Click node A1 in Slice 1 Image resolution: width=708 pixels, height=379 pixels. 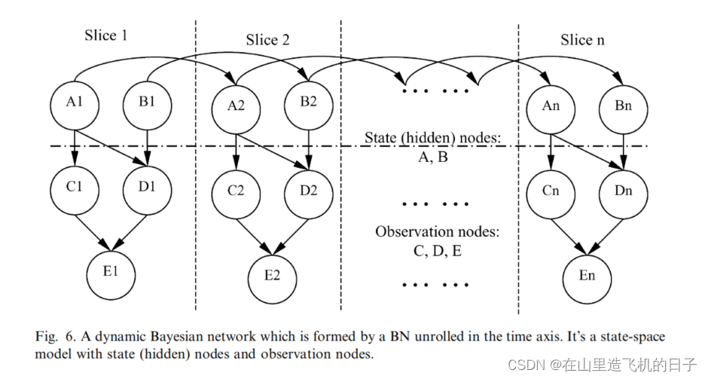click(x=75, y=103)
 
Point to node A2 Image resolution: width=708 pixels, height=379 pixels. click(x=236, y=106)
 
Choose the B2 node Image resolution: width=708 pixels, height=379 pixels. click(x=307, y=102)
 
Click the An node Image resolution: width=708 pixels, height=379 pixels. click(x=551, y=106)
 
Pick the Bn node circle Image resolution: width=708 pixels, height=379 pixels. click(x=623, y=106)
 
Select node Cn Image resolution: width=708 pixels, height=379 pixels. click(x=551, y=190)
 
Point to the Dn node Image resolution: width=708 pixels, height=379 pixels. click(x=623, y=190)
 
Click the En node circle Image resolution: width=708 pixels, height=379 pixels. click(x=587, y=276)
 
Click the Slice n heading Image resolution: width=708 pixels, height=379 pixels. click(x=582, y=39)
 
